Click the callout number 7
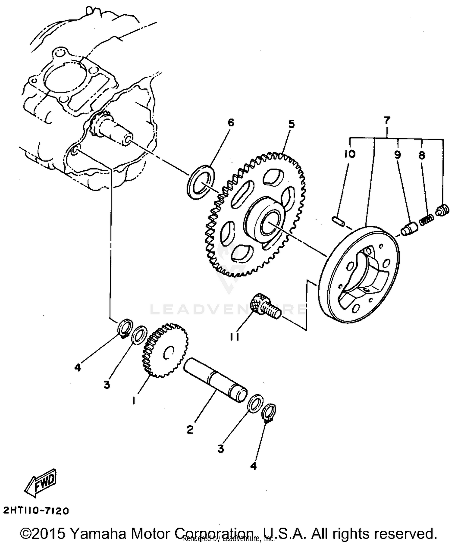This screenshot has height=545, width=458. coord(387,121)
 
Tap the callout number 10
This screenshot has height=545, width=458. coord(350,154)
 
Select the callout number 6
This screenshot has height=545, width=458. coord(231,123)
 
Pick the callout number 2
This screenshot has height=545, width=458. coord(190,430)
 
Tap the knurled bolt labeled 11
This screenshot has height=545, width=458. coord(264,305)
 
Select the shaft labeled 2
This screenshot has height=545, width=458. coord(215,379)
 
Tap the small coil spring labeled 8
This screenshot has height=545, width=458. coord(426,219)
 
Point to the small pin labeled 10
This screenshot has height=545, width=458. coord(338,221)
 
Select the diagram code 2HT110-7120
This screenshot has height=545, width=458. coord(36,510)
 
